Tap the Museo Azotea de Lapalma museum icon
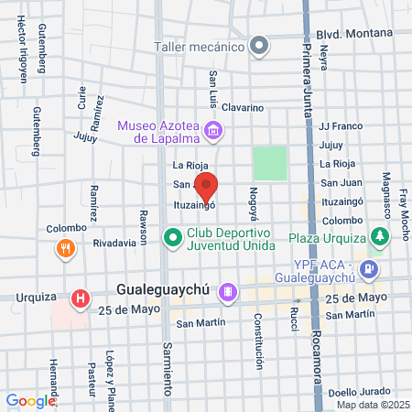point(213,130)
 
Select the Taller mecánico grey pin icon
point(259,45)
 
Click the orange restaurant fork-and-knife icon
point(65,248)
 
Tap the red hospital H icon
point(81,298)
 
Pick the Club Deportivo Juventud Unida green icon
point(171,241)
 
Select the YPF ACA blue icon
point(369,269)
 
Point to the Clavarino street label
point(242,107)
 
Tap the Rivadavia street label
point(120,243)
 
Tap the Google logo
point(30,400)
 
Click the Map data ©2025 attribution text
point(370,405)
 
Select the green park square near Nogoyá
point(269,163)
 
